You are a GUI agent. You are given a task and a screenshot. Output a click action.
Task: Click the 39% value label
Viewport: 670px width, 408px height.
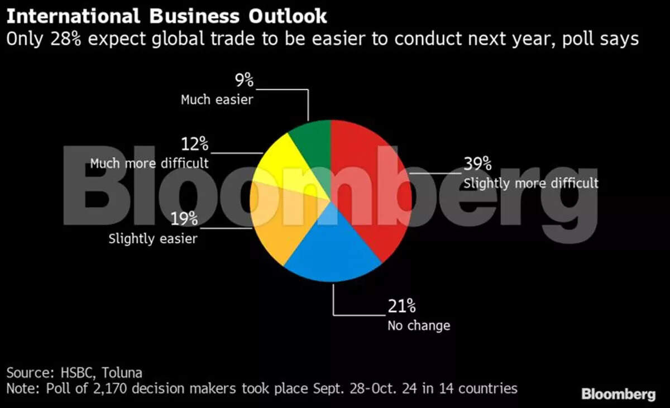point(477,164)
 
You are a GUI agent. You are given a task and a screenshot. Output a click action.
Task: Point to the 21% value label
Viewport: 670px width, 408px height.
point(401,306)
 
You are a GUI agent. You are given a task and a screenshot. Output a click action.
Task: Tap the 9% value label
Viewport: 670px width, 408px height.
point(244,81)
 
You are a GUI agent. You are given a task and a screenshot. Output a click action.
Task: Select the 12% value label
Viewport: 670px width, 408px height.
point(194,145)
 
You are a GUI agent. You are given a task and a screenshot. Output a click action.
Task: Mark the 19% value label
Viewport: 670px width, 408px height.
point(184,219)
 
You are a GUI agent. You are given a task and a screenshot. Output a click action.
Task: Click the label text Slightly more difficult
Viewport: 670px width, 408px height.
point(530,183)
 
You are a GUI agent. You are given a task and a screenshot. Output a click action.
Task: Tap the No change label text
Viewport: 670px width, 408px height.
point(419,325)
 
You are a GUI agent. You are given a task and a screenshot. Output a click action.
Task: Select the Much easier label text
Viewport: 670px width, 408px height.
point(217,100)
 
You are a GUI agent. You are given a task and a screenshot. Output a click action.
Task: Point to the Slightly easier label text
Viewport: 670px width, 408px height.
point(153,239)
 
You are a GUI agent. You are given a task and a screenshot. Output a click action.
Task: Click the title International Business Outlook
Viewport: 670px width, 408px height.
point(166,16)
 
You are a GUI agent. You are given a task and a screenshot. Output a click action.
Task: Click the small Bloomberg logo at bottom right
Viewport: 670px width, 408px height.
point(618,394)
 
